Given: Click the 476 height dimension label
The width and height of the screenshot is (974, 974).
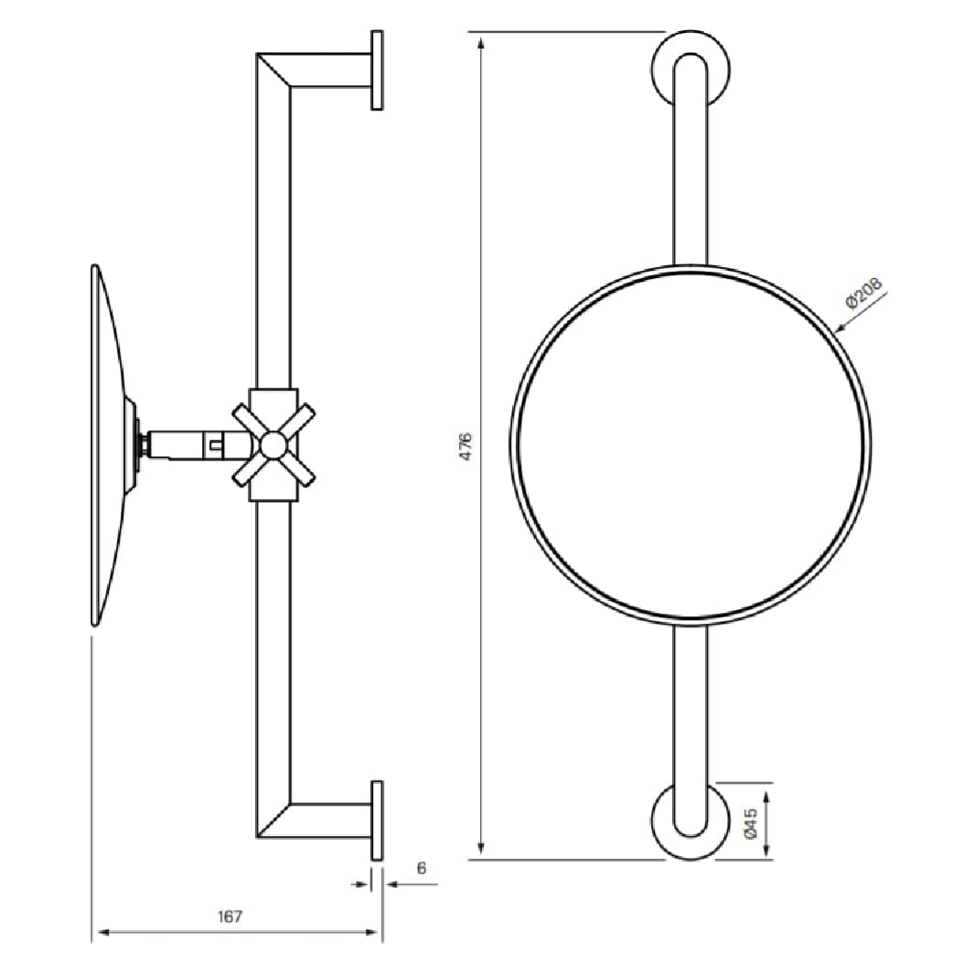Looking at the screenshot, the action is pyautogui.click(x=466, y=446).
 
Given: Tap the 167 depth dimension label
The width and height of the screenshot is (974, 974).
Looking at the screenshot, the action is pyautogui.click(x=230, y=916).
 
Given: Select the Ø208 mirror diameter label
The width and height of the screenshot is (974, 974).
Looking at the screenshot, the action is pyautogui.click(x=863, y=294).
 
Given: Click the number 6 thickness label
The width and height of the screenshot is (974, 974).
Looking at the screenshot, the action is pyautogui.click(x=422, y=868).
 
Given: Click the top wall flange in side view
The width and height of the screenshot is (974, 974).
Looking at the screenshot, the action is pyautogui.click(x=377, y=70).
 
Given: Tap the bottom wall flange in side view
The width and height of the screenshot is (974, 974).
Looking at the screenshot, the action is pyautogui.click(x=377, y=820).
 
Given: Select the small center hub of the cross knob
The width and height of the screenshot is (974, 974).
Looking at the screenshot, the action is pyautogui.click(x=273, y=444).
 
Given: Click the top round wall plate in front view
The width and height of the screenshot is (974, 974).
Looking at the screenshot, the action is pyautogui.click(x=690, y=69).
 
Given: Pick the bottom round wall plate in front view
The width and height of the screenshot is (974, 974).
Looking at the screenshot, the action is pyautogui.click(x=690, y=821).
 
